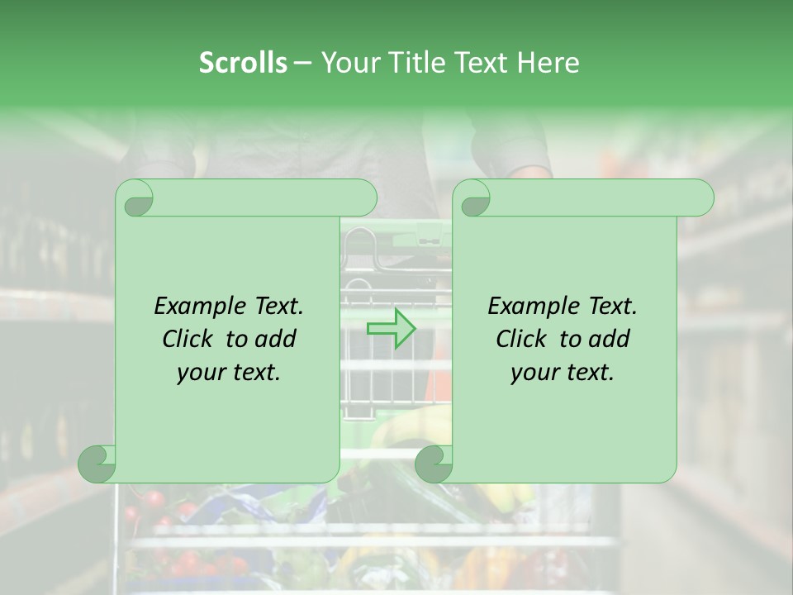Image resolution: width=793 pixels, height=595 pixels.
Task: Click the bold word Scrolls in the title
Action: pyautogui.click(x=243, y=63)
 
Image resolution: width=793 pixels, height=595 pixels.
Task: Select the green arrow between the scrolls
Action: pyautogui.click(x=391, y=329)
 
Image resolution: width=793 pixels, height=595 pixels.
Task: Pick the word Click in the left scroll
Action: pyautogui.click(x=188, y=339)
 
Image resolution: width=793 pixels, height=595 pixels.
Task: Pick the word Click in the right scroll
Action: pyautogui.click(x=521, y=339)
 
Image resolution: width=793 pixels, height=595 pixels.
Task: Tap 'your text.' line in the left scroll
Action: pyautogui.click(x=229, y=373)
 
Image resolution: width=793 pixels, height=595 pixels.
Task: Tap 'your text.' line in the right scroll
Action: pyautogui.click(x=563, y=373)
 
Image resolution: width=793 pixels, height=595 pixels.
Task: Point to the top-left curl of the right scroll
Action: pyautogui.click(x=473, y=199)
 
